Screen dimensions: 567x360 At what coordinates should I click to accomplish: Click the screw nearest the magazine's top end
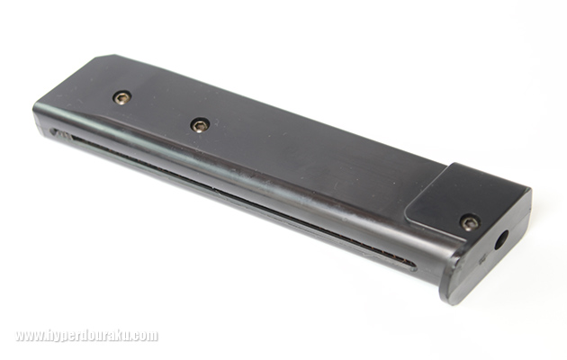click(x=121, y=97)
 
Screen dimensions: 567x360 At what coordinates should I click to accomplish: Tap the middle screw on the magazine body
click(x=200, y=125)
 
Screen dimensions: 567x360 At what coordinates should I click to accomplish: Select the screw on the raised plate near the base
click(x=470, y=222)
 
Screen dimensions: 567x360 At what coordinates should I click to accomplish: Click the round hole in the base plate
click(x=501, y=239)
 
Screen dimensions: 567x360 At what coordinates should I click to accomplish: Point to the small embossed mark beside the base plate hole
click(x=482, y=259)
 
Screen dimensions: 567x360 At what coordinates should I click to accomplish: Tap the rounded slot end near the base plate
click(x=411, y=265)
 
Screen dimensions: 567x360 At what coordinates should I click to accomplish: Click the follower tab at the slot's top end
click(x=60, y=134)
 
